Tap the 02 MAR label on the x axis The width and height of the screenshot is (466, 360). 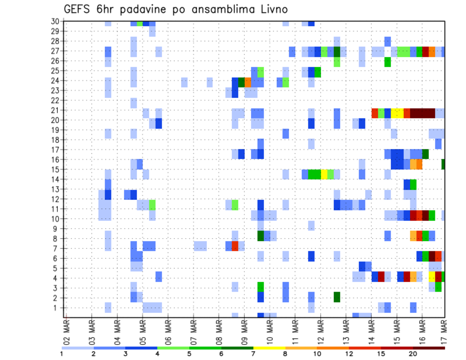pyautogui.click(x=67, y=330)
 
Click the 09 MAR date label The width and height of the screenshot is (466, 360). pyautogui.click(x=244, y=330)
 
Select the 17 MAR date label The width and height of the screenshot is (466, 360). pyautogui.click(x=445, y=330)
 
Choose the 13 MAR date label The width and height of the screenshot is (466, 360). pyautogui.click(x=346, y=330)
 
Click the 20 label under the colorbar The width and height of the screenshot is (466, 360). pyautogui.click(x=413, y=353)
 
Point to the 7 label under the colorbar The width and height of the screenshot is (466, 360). pyautogui.click(x=253, y=353)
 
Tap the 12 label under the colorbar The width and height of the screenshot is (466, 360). pyautogui.click(x=349, y=353)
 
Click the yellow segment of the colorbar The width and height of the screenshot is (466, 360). pyautogui.click(x=269, y=347)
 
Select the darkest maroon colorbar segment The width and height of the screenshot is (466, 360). pyautogui.click(x=429, y=347)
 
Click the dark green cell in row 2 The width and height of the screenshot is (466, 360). pyautogui.click(x=337, y=297)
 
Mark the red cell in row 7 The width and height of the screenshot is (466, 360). pyautogui.click(x=235, y=246)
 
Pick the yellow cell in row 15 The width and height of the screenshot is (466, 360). pyautogui.click(x=324, y=174)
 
